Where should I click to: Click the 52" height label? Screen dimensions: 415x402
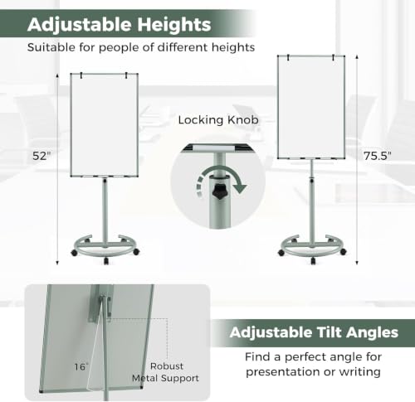[42, 156]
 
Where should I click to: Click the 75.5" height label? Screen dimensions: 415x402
[378, 156]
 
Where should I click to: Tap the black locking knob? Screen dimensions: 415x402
[219, 191]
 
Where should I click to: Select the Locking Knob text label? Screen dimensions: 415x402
[218, 120]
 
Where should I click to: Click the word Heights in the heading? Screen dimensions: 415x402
[174, 24]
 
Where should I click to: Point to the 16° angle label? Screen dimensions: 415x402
[81, 366]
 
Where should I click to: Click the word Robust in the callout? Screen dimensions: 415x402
[167, 366]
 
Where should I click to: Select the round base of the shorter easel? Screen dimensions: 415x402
[106, 248]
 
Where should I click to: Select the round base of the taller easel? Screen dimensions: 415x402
[313, 248]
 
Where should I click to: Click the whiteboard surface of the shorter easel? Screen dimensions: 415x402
[105, 125]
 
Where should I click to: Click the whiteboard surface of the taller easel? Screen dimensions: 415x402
[311, 108]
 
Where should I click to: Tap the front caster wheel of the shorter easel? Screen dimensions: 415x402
[106, 260]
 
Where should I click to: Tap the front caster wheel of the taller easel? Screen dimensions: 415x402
[313, 260]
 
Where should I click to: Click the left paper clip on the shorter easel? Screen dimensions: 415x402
[81, 75]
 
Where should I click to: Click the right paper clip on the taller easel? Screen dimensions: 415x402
[334, 57]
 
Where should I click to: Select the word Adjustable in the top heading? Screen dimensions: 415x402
[80, 26]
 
